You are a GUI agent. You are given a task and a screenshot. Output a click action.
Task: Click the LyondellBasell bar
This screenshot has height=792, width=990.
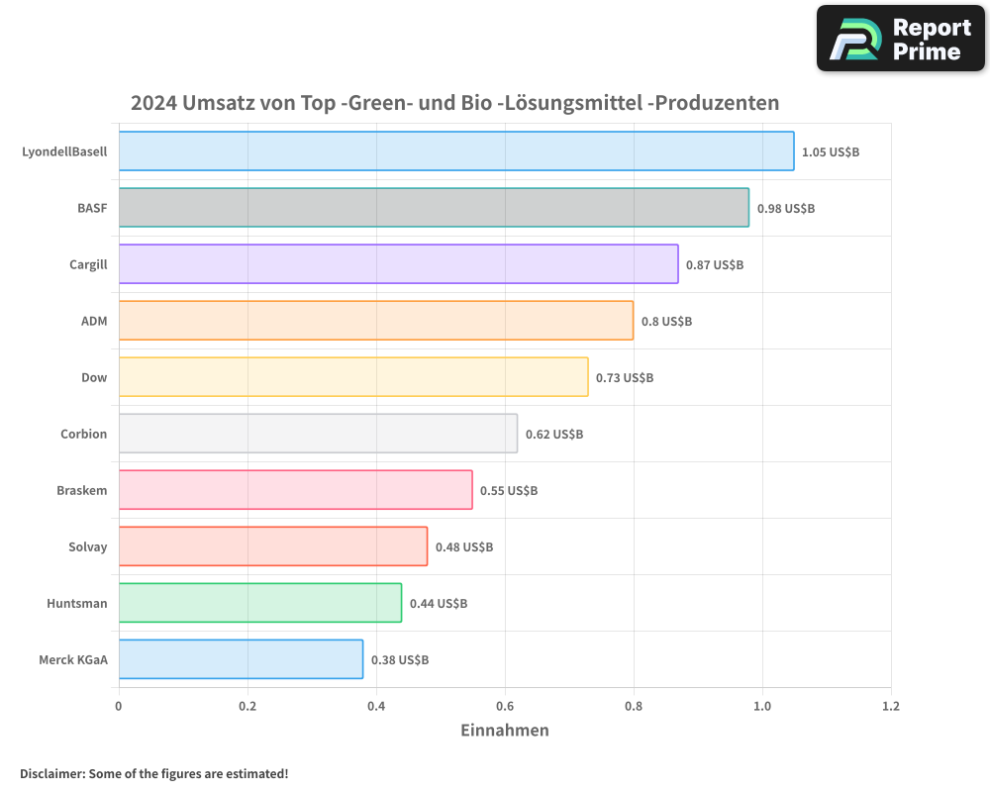pyautogui.click(x=455, y=151)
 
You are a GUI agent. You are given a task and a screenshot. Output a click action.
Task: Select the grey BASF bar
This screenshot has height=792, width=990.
pyautogui.click(x=434, y=208)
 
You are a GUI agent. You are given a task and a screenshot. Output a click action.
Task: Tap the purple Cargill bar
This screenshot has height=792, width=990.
pyautogui.click(x=398, y=264)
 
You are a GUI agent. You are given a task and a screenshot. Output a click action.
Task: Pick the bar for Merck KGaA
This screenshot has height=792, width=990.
pyautogui.click(x=241, y=659)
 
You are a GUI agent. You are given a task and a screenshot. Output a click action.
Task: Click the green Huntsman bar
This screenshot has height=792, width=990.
pyautogui.click(x=259, y=603)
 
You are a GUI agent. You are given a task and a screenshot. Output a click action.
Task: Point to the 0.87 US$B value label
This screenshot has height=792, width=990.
pyautogui.click(x=715, y=265)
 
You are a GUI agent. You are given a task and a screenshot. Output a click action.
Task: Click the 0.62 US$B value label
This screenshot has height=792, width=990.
pyautogui.click(x=554, y=435)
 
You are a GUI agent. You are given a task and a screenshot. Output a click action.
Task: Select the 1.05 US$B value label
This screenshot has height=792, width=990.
pyautogui.click(x=831, y=152)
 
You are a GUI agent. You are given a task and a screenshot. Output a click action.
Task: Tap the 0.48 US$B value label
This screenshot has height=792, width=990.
pyautogui.click(x=464, y=547)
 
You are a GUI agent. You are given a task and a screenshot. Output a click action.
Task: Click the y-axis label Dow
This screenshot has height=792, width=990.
pyautogui.click(x=94, y=377)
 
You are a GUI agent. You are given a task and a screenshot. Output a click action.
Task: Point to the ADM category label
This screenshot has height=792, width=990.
pyautogui.click(x=94, y=321)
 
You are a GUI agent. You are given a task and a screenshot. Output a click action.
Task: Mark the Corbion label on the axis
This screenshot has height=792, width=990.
pyautogui.click(x=83, y=434)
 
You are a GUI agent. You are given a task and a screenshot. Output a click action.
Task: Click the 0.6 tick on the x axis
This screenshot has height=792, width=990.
pyautogui.click(x=505, y=707)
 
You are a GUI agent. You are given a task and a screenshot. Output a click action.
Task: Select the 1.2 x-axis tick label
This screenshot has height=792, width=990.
pyautogui.click(x=891, y=707)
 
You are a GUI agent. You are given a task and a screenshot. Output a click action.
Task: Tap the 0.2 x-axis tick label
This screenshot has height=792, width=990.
pyautogui.click(x=247, y=707)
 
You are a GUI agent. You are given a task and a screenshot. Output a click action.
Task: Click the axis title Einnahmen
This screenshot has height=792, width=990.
pyautogui.click(x=505, y=731)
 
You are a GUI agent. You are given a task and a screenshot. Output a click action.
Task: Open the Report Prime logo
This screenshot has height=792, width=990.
pyautogui.click(x=901, y=39)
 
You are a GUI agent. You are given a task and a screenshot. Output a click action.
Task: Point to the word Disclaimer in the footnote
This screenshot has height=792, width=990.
pyautogui.click(x=50, y=773)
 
